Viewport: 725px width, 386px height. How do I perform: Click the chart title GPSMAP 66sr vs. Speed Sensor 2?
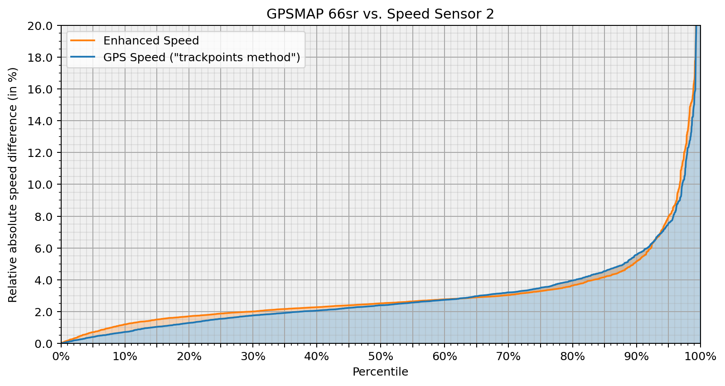(380, 14)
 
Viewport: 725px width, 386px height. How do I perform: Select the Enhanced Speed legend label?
(151, 41)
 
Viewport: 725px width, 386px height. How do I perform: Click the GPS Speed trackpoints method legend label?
(202, 58)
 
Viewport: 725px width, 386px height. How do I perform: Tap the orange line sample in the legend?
(83, 41)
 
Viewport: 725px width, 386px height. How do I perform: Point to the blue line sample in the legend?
(83, 58)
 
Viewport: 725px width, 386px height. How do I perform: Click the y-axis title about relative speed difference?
(13, 185)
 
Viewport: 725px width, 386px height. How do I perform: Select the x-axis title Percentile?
(380, 372)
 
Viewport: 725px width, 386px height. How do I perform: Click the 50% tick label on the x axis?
(381, 357)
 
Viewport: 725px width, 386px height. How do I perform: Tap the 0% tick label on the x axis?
(61, 357)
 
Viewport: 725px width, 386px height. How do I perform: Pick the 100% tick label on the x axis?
(700, 357)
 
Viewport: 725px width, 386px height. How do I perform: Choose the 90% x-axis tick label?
(636, 357)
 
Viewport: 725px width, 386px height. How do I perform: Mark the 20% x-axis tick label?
(189, 357)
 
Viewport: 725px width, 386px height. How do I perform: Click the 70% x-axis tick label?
(508, 357)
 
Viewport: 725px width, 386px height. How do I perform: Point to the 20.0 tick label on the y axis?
(43, 25)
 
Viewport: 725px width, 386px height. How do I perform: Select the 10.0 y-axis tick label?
(43, 185)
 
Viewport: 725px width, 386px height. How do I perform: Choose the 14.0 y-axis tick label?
(43, 121)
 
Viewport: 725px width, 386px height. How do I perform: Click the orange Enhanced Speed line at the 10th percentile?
(125, 324)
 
